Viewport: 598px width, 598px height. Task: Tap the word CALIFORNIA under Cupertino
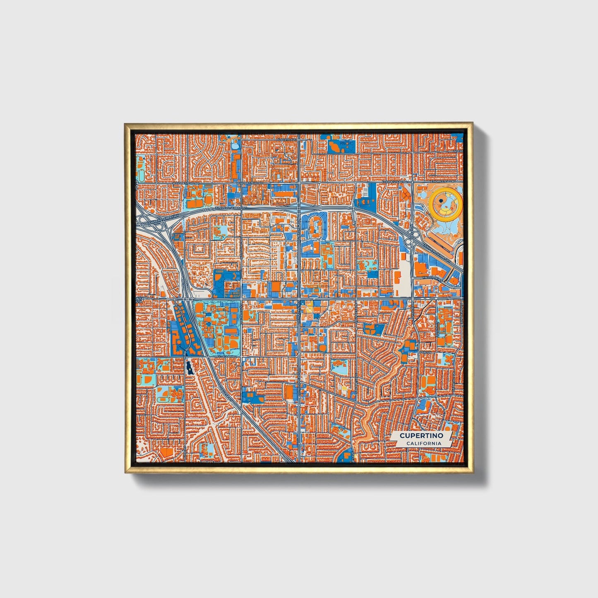point(423,444)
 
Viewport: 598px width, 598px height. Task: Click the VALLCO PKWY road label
point(433,279)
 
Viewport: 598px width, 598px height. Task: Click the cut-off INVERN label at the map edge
point(457,151)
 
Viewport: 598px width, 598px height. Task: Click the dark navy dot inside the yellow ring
point(441,201)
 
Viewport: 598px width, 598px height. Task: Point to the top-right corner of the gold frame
point(473,122)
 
